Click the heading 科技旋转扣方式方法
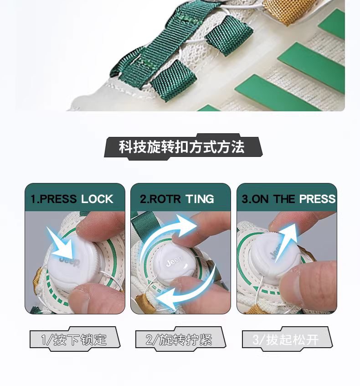point(182,147)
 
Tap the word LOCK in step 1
point(97,199)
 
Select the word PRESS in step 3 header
point(317,199)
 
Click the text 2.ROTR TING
point(177,199)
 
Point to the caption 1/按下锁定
point(74,340)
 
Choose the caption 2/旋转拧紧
point(179,340)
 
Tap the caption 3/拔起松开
point(285,340)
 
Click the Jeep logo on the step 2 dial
point(175,261)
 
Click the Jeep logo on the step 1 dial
point(70,261)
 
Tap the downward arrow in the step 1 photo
point(62,244)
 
